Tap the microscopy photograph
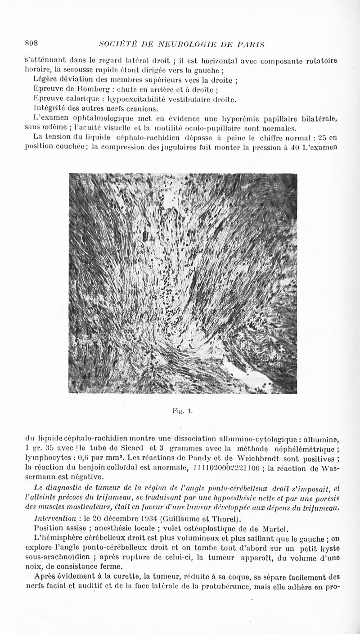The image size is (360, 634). tap(184, 283)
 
